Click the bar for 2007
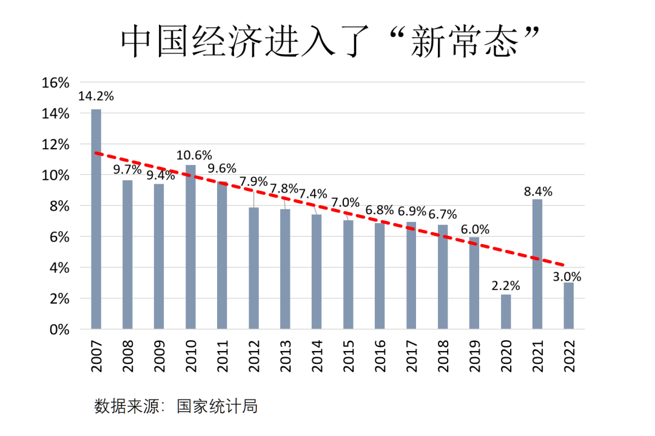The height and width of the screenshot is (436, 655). click(96, 220)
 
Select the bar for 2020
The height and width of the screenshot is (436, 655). click(506, 312)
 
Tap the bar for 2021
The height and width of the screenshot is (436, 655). click(537, 264)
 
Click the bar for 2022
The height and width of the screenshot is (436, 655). click(569, 306)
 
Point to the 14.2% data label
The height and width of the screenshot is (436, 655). click(96, 96)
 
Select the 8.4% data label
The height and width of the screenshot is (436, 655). click(537, 192)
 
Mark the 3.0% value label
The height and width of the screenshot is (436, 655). click(567, 277)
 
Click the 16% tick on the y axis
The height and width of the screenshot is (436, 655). click(56, 83)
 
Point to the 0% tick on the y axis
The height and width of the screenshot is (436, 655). click(59, 329)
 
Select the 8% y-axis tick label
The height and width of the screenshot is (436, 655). click(59, 206)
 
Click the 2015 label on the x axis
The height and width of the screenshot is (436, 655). click(348, 357)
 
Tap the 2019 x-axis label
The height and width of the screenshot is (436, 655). click(474, 357)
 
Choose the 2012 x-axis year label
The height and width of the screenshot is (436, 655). click(254, 357)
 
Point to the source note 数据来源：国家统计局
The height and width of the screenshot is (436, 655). click(176, 406)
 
